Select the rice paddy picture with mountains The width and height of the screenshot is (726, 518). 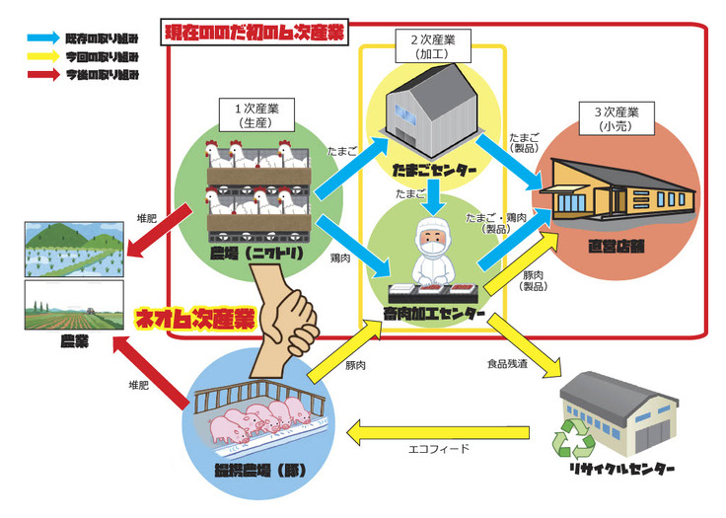(74, 250)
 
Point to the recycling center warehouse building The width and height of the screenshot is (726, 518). (620, 414)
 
